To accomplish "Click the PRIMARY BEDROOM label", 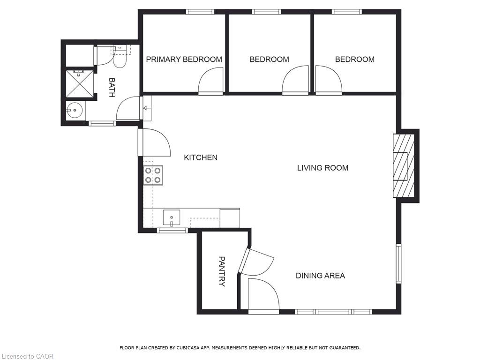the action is coord(184,60).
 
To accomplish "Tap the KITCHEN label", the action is coord(201,157).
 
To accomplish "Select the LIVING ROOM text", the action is coord(322,168).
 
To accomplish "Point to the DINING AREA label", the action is coord(320,276).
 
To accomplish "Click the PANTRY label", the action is coord(222,271).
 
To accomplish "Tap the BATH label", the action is coord(112,88).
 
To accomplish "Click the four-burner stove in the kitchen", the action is coord(153,175).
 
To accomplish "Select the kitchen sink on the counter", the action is coord(172,217).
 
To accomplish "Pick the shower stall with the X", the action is coord(80,83).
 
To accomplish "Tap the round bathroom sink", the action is coord(75,110).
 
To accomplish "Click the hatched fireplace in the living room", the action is coord(404,165).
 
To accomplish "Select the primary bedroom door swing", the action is coord(211,81).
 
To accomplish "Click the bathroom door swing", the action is coord(128,108).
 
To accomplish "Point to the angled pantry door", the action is coord(256,262).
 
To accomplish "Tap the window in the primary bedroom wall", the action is coord(200,12).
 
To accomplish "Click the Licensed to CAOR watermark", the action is coord(27,356).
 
